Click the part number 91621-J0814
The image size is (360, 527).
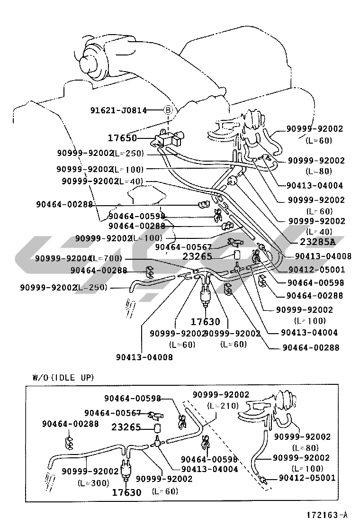118,110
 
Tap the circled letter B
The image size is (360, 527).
169,110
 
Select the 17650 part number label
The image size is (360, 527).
122,138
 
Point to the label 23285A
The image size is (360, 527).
317,241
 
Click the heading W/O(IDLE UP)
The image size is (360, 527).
63,378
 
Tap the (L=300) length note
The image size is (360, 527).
93,483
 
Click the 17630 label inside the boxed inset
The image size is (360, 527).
126,492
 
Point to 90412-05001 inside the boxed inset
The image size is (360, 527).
307,478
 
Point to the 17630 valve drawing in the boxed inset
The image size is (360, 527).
126,469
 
